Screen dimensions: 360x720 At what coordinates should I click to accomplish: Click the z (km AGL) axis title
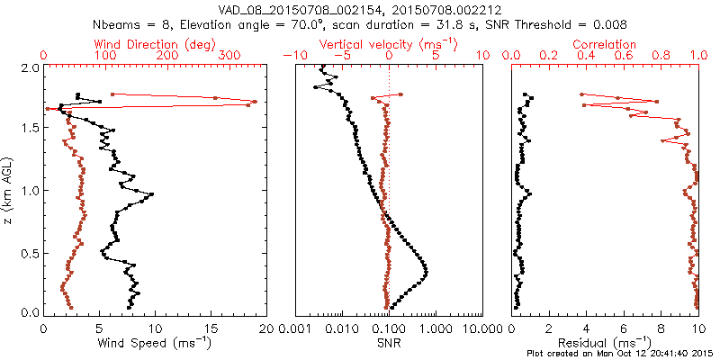[8, 190]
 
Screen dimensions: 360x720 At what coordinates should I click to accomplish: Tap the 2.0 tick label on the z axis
[29, 68]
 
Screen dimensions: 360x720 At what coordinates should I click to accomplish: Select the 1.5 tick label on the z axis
[29, 129]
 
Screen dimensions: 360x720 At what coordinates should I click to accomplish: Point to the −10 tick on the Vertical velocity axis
[295, 56]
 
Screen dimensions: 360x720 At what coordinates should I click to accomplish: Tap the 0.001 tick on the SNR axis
[296, 328]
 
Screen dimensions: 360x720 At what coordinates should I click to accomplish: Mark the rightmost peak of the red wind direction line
[255, 102]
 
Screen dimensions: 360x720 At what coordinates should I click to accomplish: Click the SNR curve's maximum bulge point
[426, 272]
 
